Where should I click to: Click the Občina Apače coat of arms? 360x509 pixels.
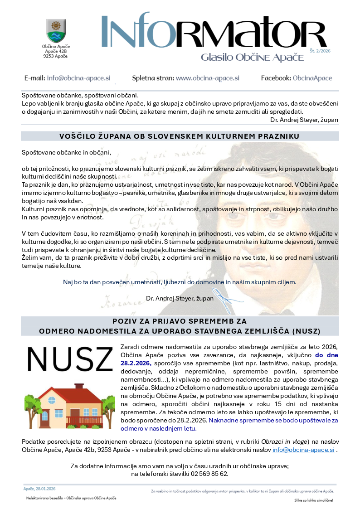tap(56, 30)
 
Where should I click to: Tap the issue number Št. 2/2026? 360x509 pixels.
tap(320, 51)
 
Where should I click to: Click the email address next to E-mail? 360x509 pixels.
tap(78, 78)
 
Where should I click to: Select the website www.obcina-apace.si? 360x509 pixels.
tap(207, 78)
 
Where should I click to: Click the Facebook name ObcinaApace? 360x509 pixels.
tap(312, 78)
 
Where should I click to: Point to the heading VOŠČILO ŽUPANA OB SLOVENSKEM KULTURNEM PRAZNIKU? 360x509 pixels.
tap(180, 136)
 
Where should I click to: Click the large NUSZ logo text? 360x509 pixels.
tap(70, 359)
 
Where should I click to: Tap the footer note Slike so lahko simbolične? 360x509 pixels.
tap(313, 500)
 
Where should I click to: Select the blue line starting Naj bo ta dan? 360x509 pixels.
tap(180, 282)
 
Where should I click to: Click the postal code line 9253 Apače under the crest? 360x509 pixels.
tap(56, 56)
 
